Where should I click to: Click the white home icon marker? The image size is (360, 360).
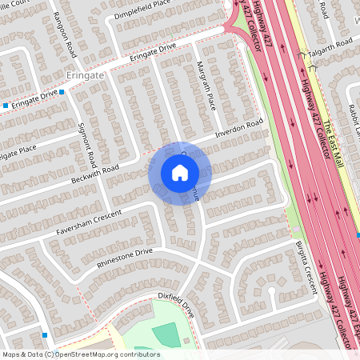[x=180, y=172]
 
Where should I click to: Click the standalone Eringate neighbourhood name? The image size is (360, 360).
[x=83, y=74]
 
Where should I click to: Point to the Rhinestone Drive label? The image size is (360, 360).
[x=124, y=257]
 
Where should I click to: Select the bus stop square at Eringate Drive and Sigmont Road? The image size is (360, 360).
[x=62, y=92]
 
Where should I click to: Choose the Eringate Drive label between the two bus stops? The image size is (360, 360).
[x=36, y=98]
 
